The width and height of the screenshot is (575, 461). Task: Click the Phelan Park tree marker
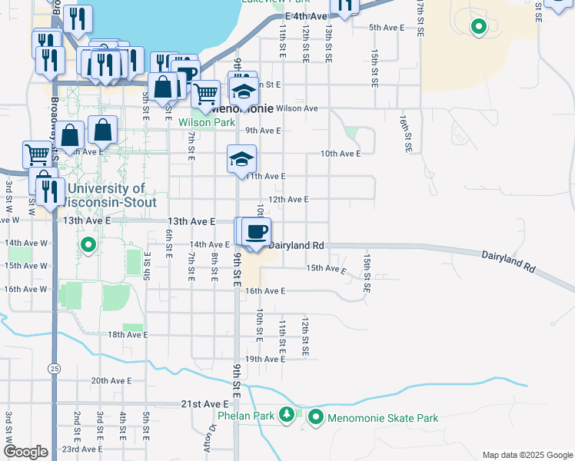(287, 416)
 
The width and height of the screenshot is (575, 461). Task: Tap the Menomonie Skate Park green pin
(316, 417)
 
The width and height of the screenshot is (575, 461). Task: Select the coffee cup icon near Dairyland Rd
(257, 230)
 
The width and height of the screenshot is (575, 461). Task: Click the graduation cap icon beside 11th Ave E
(241, 160)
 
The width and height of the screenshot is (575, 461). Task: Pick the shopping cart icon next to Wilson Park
(205, 95)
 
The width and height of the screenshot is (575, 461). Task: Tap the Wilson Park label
(206, 121)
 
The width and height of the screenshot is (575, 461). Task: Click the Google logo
(26, 451)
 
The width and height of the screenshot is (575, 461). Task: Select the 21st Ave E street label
(205, 403)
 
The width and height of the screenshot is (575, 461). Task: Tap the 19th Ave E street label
(264, 359)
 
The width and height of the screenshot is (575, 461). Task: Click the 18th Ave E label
(127, 335)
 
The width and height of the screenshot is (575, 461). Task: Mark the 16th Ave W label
(26, 289)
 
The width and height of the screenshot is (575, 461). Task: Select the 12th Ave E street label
(287, 199)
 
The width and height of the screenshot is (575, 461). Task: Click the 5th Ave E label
(386, 27)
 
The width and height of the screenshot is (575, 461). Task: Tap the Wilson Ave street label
(297, 108)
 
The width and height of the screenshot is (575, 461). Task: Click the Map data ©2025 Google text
(527, 455)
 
